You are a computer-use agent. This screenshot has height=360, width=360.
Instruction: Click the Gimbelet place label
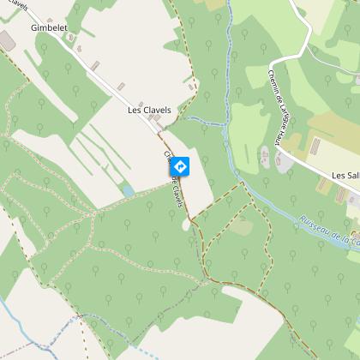click(48, 27)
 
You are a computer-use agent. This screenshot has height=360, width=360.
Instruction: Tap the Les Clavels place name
click(149, 111)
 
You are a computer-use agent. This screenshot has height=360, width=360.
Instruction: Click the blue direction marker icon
click(180, 165)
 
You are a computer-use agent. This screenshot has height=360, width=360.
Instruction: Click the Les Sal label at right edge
click(345, 175)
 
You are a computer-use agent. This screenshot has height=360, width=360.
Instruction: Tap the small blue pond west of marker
click(129, 191)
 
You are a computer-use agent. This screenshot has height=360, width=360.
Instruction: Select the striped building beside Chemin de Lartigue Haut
click(264, 157)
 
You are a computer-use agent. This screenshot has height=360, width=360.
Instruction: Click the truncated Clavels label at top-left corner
click(15, 5)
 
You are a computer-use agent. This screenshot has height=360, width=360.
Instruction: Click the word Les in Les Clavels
click(134, 111)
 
